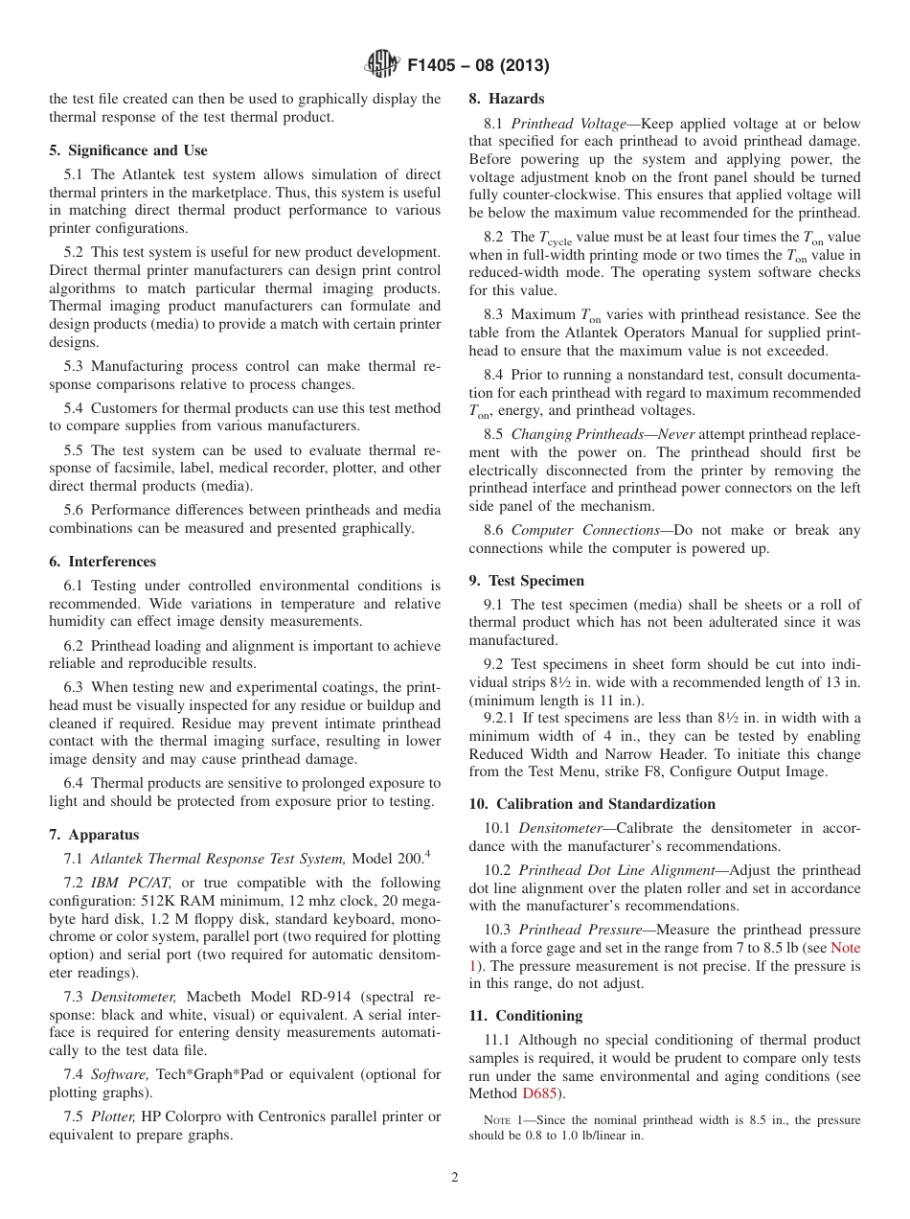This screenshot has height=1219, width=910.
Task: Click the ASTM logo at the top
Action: click(x=381, y=65)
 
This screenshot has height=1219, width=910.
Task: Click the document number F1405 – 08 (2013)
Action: click(x=477, y=66)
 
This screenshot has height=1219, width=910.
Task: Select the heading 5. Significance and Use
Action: click(x=128, y=150)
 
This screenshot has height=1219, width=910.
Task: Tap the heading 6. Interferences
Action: click(x=102, y=562)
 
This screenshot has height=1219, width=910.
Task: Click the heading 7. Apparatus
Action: click(x=94, y=835)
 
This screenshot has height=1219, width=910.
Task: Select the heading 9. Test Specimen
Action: click(x=526, y=581)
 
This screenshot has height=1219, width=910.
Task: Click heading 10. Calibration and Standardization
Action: click(x=592, y=804)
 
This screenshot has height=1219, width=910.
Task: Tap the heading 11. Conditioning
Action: click(x=525, y=1016)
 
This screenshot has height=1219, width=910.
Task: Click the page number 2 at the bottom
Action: click(x=455, y=1178)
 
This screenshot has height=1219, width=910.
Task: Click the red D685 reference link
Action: click(x=538, y=1093)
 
